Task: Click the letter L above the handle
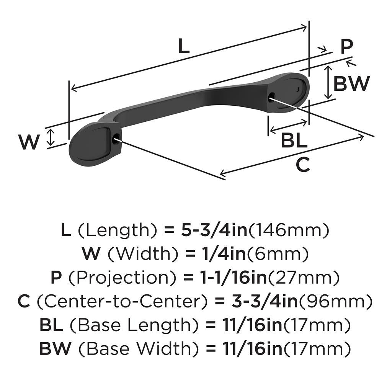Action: (x=184, y=47)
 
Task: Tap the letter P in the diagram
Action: (x=346, y=48)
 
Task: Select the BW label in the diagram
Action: (x=351, y=84)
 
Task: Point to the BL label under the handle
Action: (x=294, y=141)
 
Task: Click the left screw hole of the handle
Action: (x=116, y=139)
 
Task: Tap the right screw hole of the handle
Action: (x=271, y=96)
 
